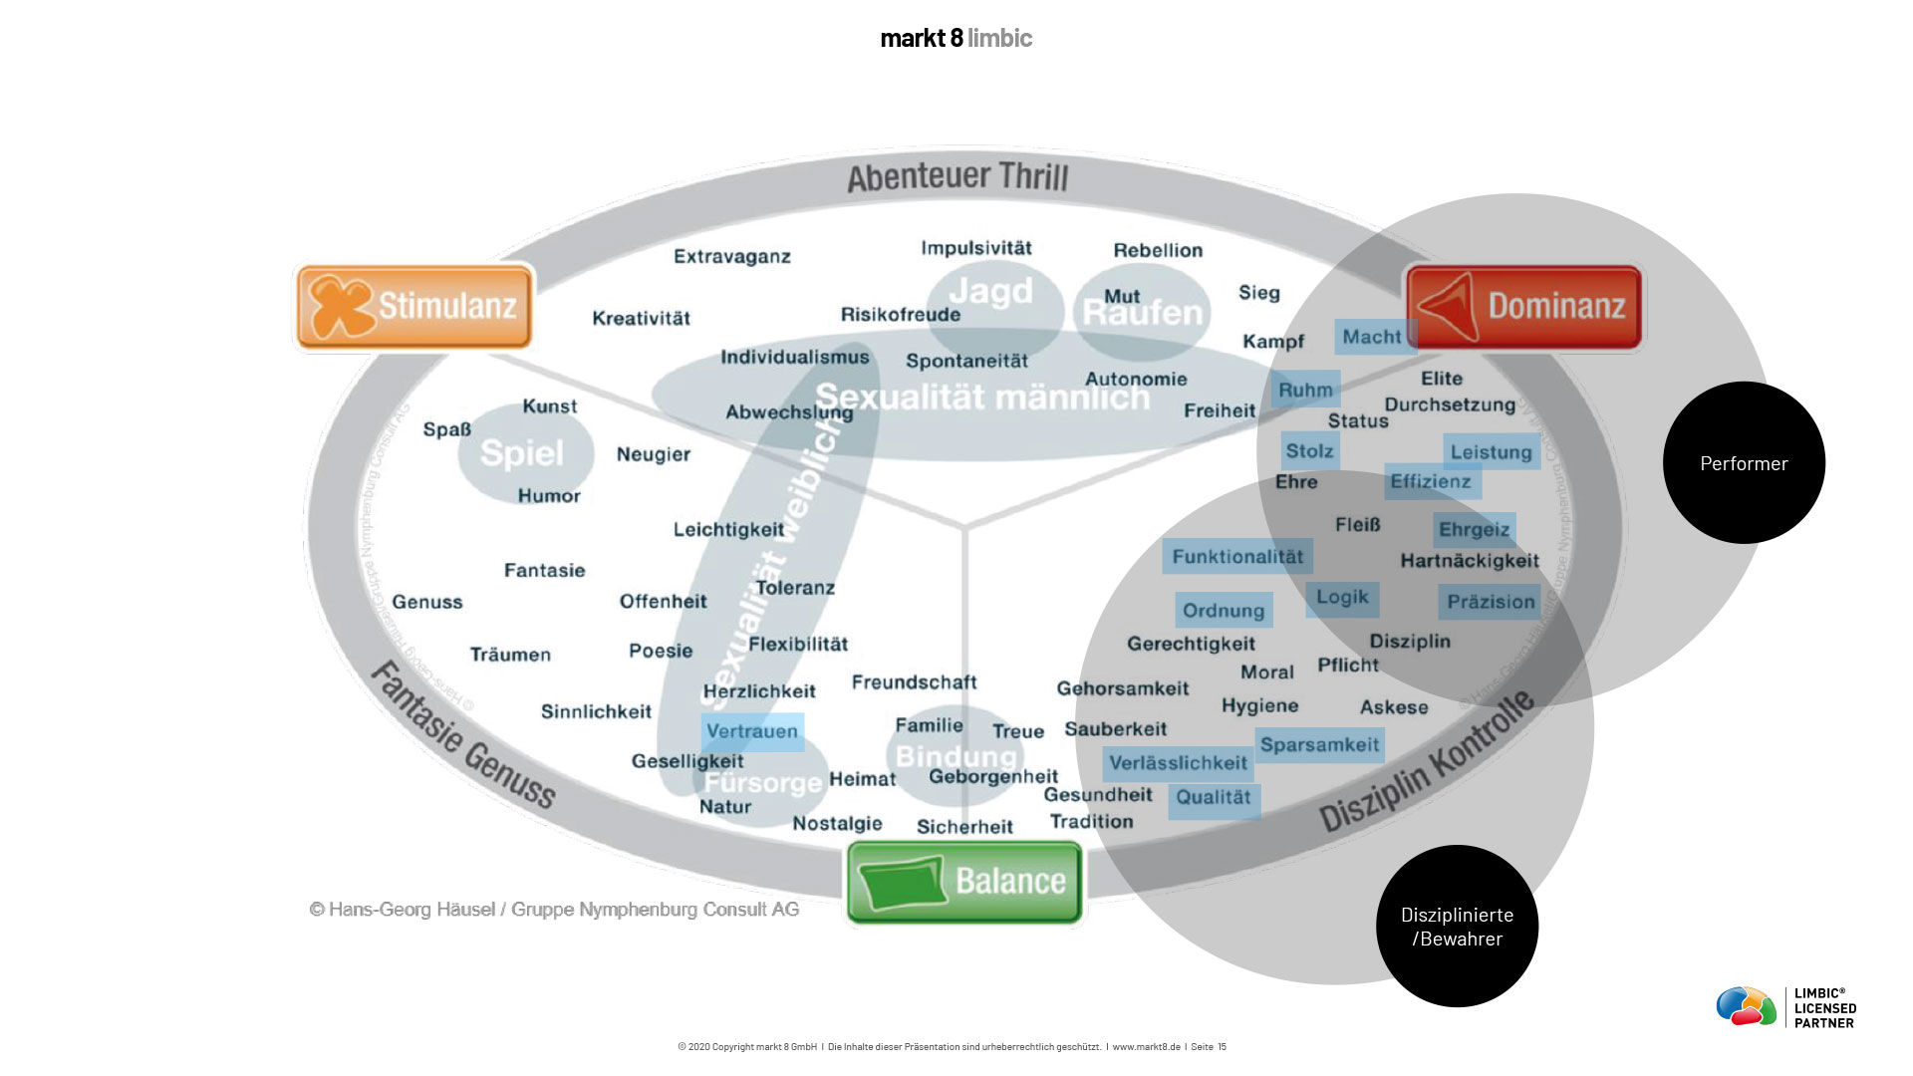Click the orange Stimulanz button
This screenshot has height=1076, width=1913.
414,306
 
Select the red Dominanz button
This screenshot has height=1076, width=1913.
1523,306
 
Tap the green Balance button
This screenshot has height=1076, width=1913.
963,882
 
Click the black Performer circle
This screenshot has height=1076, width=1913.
1744,462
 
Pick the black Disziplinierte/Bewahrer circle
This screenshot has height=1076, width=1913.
1457,926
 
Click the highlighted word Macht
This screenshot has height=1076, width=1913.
1372,337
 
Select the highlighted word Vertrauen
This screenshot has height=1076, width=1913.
752,731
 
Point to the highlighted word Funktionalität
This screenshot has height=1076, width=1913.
1237,556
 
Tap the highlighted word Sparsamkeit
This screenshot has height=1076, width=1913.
1319,744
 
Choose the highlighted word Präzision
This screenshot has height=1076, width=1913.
1491,602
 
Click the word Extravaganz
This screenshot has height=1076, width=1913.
732,256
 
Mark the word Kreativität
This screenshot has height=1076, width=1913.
641,318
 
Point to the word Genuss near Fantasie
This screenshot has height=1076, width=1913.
427,602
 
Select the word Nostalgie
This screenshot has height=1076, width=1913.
837,823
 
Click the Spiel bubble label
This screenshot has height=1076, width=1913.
522,453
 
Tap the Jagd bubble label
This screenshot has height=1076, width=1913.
990,292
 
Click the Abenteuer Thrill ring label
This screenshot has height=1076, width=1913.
957,177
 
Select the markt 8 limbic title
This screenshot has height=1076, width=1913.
956,38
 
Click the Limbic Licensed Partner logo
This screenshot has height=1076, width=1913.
1785,1006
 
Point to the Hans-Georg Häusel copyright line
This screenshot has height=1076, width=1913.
554,909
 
